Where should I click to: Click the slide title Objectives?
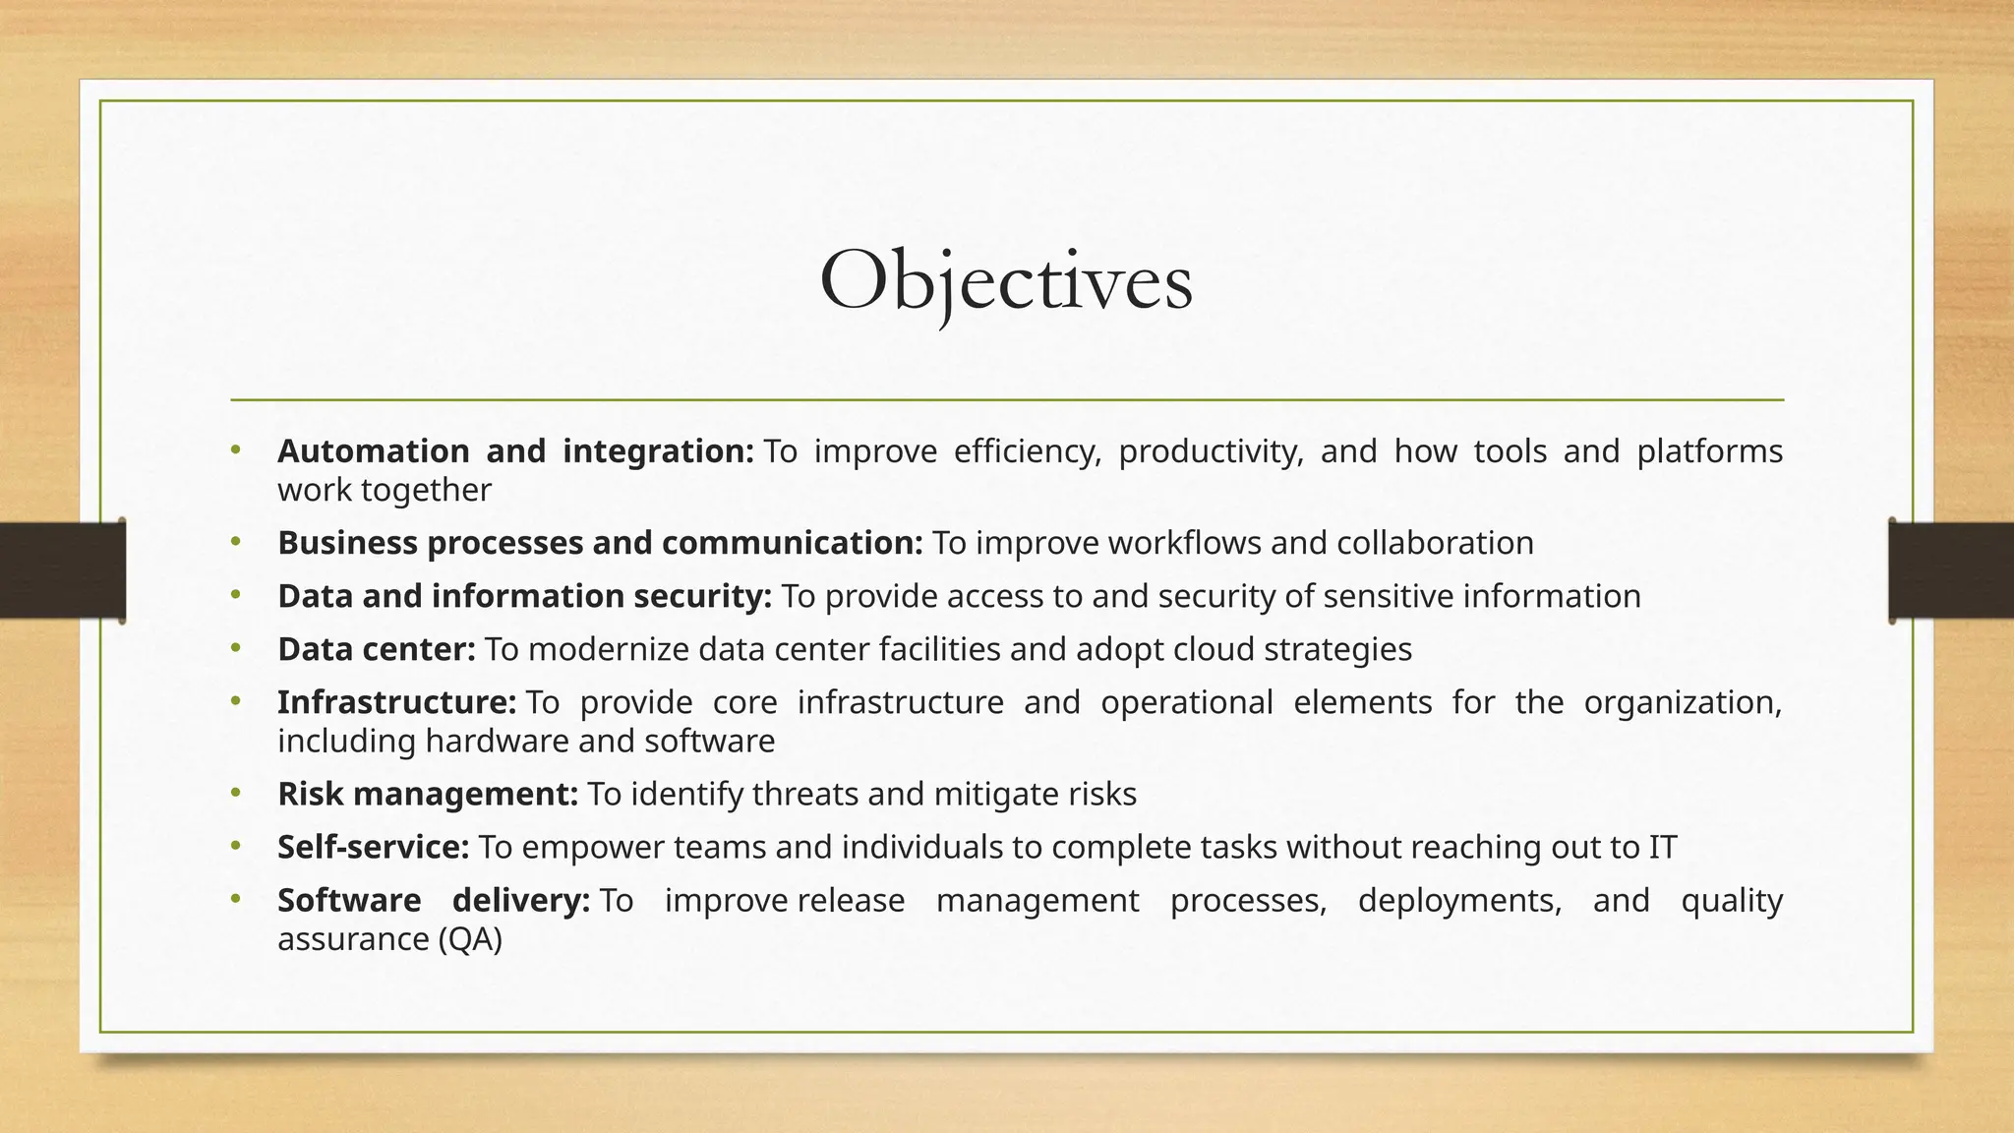coord(1006,282)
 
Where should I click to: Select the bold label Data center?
coord(377,649)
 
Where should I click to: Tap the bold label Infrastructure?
coord(396,702)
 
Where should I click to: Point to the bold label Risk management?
coord(428,794)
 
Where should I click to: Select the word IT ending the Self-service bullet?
coord(1662,847)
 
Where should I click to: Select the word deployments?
coord(1459,901)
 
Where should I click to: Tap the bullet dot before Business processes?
coord(235,541)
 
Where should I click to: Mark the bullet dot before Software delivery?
coord(235,899)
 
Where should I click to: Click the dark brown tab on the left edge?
coord(62,570)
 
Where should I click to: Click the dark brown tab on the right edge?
coord(1951,570)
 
